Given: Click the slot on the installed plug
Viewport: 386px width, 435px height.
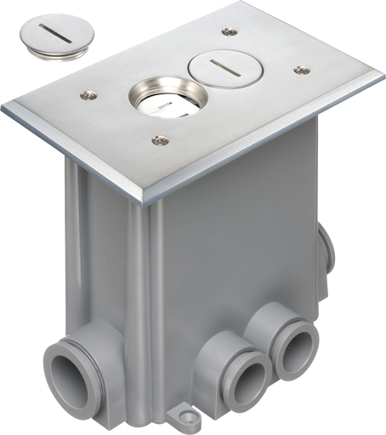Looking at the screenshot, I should coord(219,65).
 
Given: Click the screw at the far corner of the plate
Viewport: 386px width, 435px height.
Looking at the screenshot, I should coord(227,31).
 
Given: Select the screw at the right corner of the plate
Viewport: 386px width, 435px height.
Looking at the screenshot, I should coord(301,71).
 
